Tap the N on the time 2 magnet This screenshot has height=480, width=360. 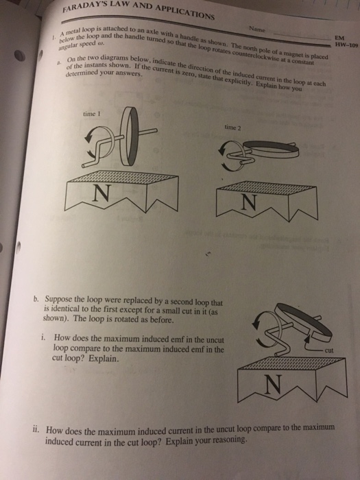[x=249, y=202]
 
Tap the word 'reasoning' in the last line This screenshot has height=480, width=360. [x=227, y=442]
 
